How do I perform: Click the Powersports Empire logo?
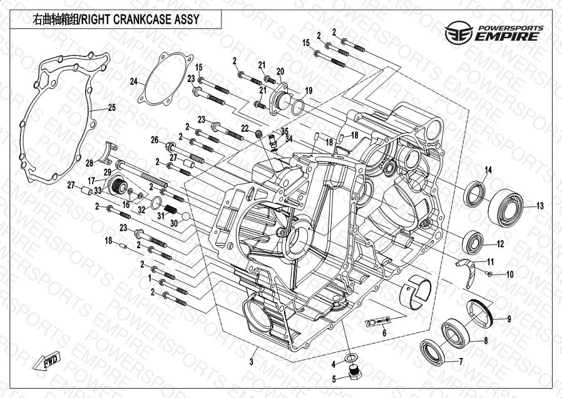493,31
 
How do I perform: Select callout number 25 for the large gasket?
111,108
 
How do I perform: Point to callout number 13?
540,206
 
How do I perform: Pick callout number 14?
488,170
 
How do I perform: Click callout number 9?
509,275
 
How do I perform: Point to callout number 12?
500,244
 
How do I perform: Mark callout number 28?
89,163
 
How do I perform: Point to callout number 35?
284,131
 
